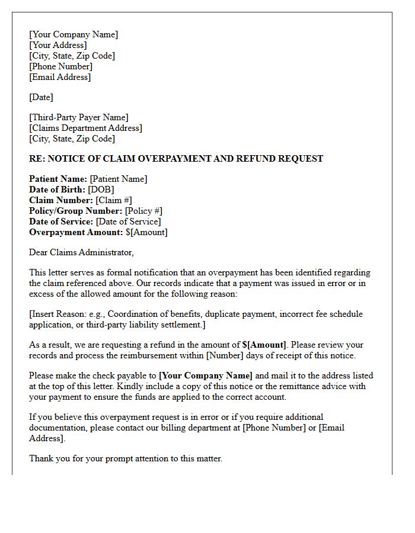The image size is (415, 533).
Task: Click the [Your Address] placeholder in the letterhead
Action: click(58, 45)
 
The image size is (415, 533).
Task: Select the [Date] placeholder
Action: click(41, 97)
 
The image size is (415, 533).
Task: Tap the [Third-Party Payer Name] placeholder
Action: click(78, 117)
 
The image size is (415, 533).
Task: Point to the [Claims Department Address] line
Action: click(85, 128)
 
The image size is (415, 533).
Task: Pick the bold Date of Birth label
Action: click(57, 190)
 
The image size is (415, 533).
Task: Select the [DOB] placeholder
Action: click(101, 190)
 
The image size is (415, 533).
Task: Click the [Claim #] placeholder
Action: click(114, 200)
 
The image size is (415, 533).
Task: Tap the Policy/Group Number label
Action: click(75, 211)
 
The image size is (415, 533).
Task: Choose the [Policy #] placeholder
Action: click(143, 211)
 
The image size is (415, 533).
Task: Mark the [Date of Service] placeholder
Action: click(128, 221)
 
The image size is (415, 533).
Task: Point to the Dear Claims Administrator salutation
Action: click(81, 252)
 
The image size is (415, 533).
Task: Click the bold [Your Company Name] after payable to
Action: click(206, 375)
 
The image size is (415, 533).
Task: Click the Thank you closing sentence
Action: click(125, 458)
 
